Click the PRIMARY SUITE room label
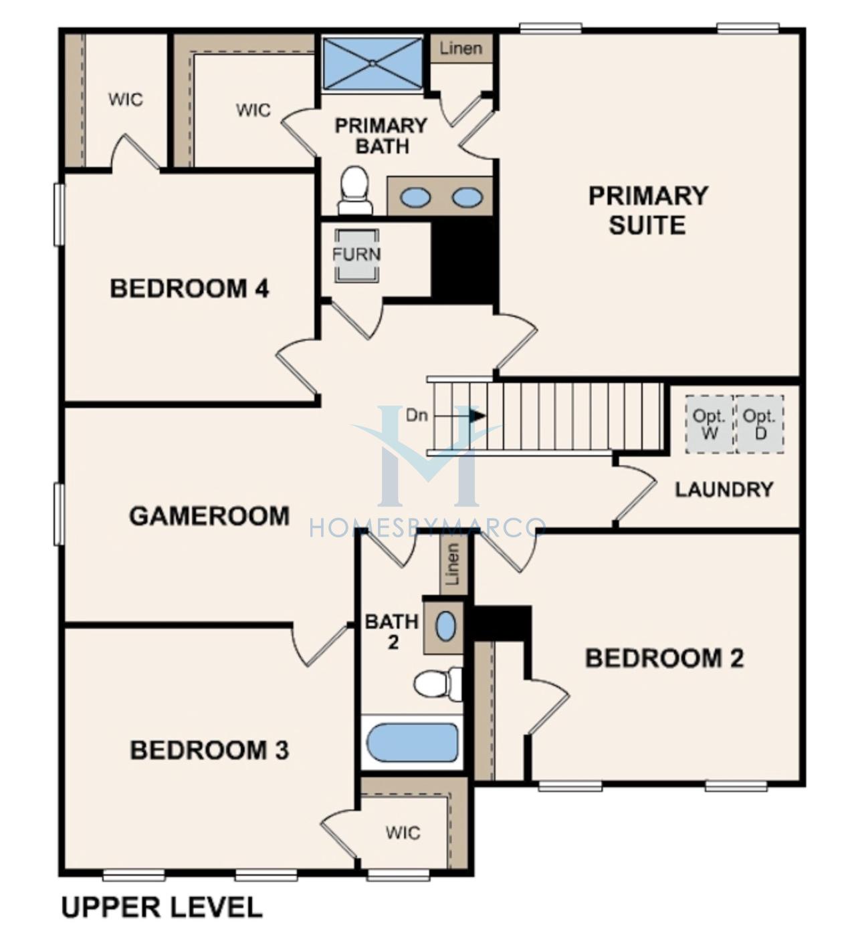click(648, 211)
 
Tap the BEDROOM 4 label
click(190, 289)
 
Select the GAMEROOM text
click(209, 516)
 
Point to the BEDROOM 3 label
click(209, 751)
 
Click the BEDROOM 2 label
click(665, 658)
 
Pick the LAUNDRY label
click(724, 490)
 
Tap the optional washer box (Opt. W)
click(709, 424)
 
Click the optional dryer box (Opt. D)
click(760, 424)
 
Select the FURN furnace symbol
click(356, 255)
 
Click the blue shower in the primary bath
click(372, 63)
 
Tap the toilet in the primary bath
click(355, 190)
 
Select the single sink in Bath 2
click(445, 627)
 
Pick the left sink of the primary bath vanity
click(415, 197)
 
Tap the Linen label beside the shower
click(461, 48)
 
